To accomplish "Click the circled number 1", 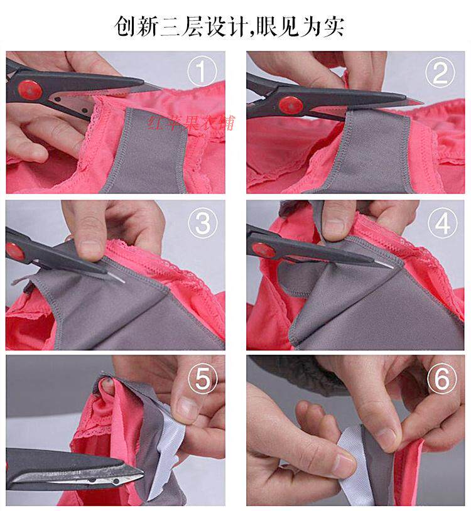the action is pos(202,71).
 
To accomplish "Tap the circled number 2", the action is pos(440,72).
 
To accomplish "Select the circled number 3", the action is pos(203,223).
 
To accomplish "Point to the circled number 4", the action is pos(442,223).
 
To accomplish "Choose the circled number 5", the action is pos(203,379).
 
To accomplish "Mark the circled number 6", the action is pos(442,379).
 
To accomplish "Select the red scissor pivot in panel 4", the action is pos(263,250).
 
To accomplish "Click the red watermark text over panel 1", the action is pos(191,123).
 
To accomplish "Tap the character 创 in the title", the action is pos(126,26).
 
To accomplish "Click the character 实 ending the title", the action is pos(335,26).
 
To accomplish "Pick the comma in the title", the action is pos(251,32).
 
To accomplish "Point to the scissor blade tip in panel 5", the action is pos(143,472).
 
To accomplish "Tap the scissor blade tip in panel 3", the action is pos(124,282).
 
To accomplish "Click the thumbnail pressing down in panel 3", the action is pos(90,251).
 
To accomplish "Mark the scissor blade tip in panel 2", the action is pos(423,103).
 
